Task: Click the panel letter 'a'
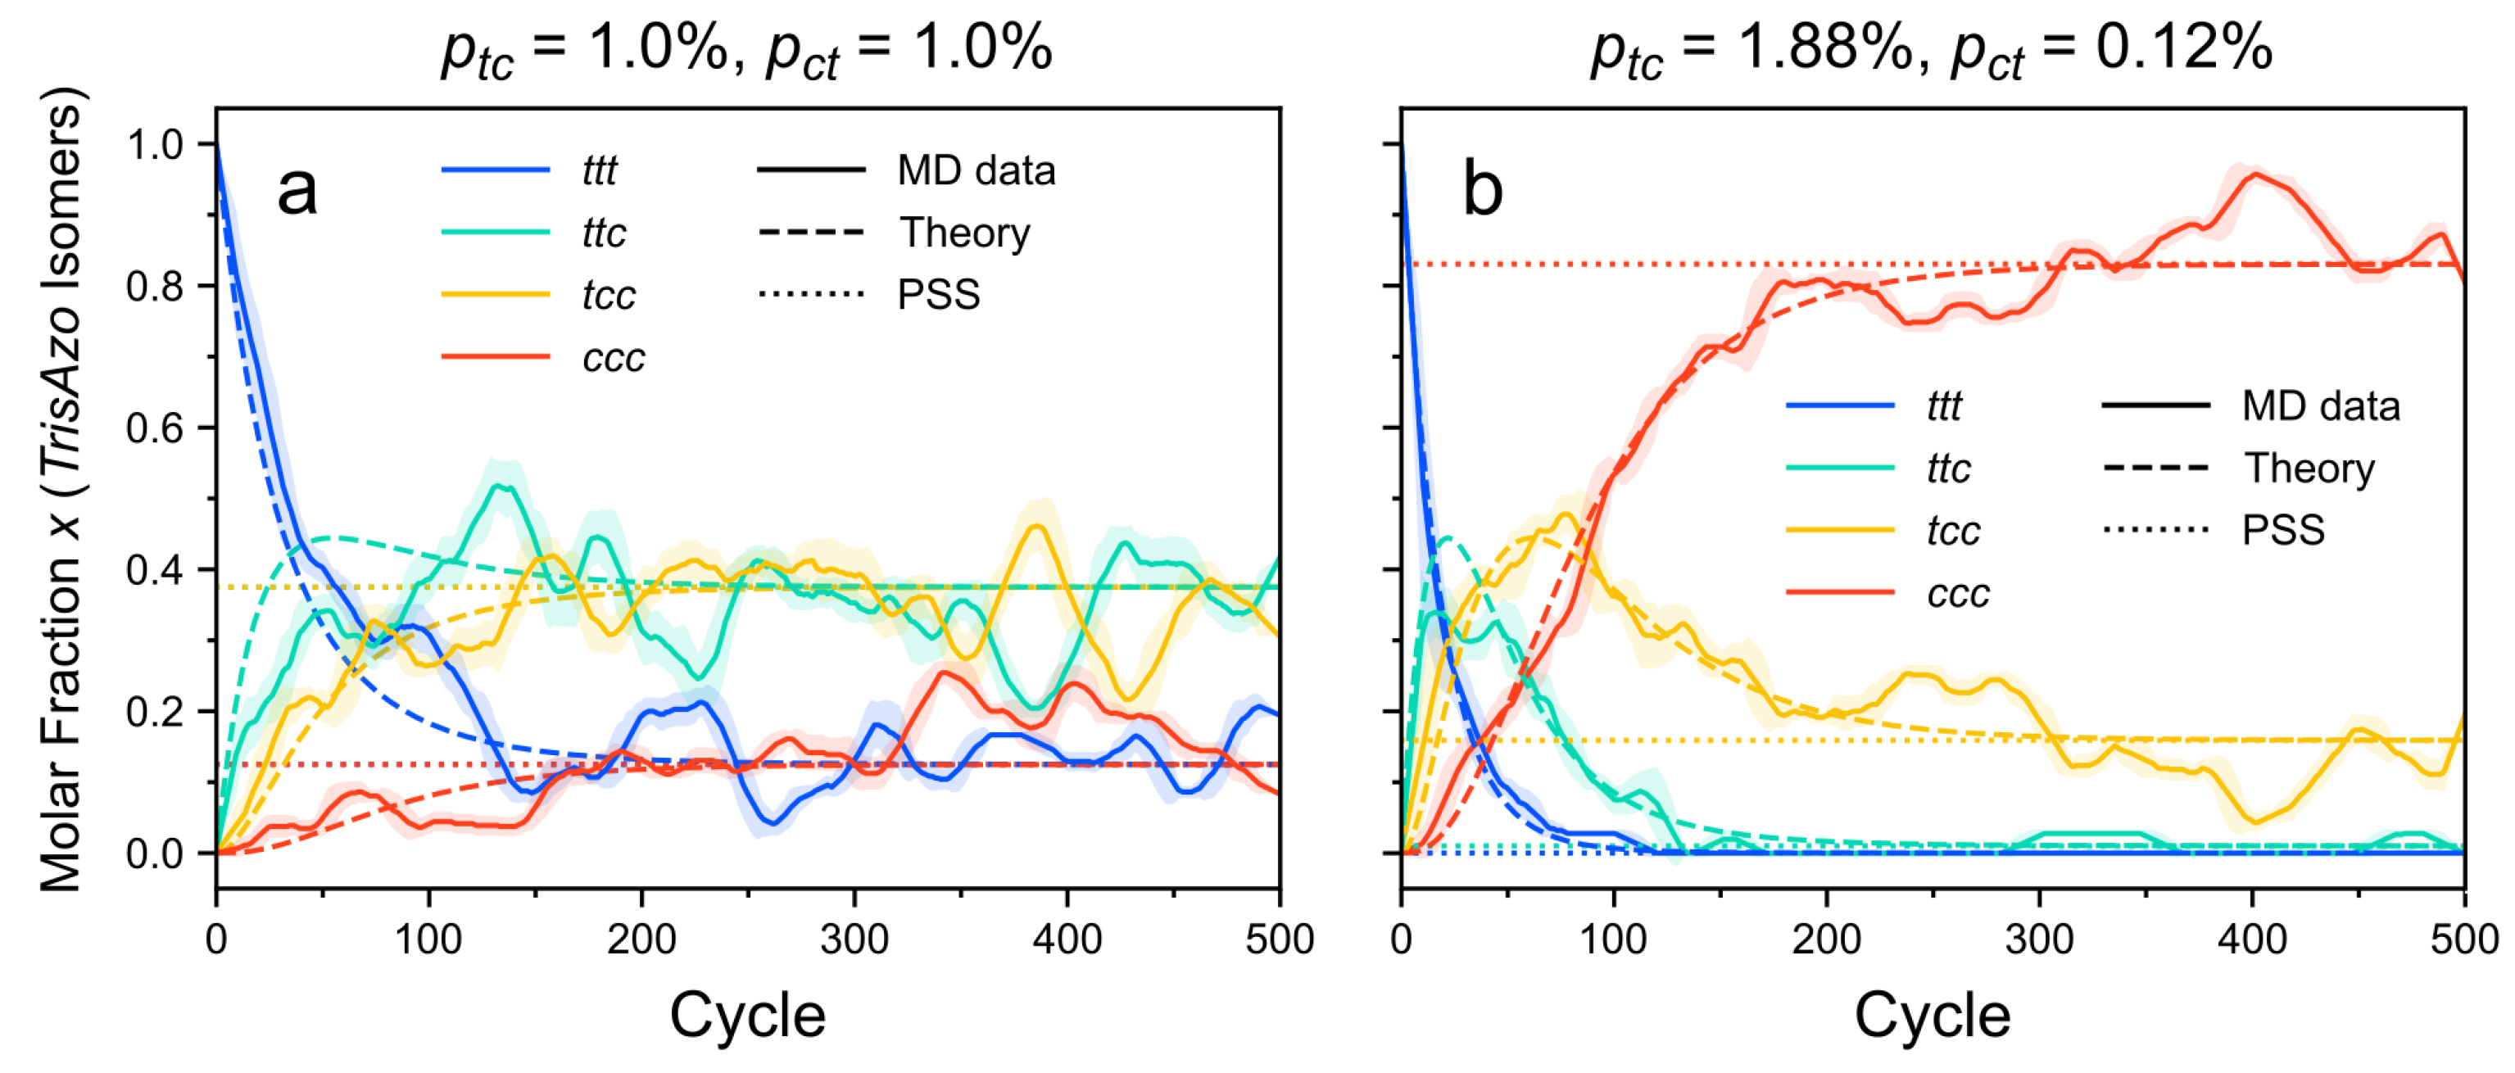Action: pyautogui.click(x=297, y=189)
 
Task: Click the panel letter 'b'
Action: pyautogui.click(x=1481, y=189)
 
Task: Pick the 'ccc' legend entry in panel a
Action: pyautogui.click(x=613, y=357)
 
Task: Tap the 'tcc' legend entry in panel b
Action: pyautogui.click(x=1953, y=530)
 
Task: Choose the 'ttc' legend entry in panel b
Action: pyautogui.click(x=1949, y=469)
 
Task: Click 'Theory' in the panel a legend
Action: pyautogui.click(x=963, y=233)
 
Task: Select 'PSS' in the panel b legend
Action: pyautogui.click(x=2282, y=530)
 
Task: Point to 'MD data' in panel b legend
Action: pyautogui.click(x=2320, y=406)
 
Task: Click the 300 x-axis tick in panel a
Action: pyautogui.click(x=854, y=939)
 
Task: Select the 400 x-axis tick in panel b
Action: pyautogui.click(x=2251, y=939)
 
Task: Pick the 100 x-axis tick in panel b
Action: pyautogui.click(x=1614, y=939)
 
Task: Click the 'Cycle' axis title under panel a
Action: pyautogui.click(x=747, y=1016)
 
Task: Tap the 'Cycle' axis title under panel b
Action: pyautogui.click(x=1933, y=1016)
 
